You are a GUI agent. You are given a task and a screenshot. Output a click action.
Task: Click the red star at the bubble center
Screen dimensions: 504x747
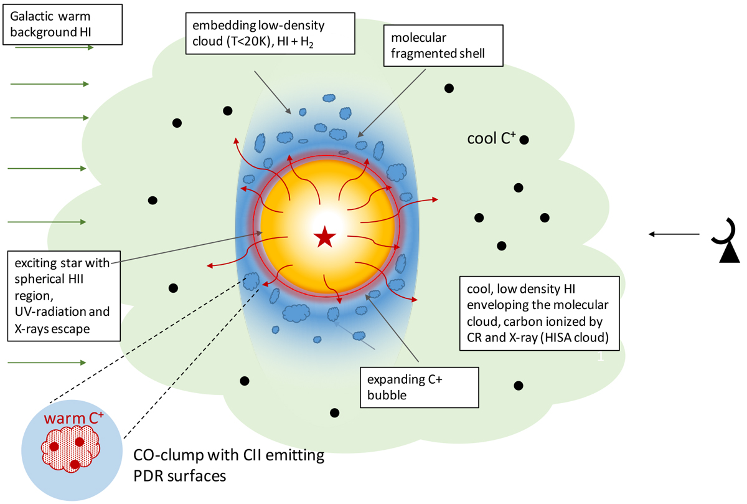pyautogui.click(x=324, y=237)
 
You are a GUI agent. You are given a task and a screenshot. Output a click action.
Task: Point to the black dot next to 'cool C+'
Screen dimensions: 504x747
pyautogui.click(x=524, y=140)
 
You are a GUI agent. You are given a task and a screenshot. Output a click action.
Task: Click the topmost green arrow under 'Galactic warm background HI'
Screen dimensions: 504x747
pyautogui.click(x=52, y=47)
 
